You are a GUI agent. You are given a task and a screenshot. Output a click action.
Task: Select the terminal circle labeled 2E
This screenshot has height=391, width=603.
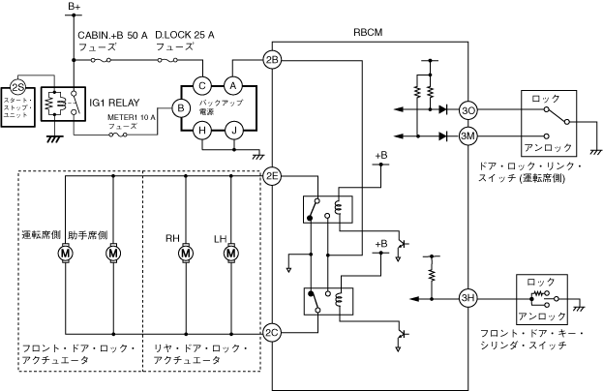click(272, 176)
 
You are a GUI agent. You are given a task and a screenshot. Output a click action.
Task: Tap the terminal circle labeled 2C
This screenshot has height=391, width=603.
click(272, 331)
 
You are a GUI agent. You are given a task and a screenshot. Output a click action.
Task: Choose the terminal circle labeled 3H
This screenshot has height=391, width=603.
click(468, 297)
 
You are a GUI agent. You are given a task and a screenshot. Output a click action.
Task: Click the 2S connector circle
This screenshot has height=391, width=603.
click(15, 85)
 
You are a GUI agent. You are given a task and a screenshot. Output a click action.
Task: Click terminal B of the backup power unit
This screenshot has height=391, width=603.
click(180, 108)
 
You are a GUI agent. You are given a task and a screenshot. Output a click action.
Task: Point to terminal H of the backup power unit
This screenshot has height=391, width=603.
click(201, 135)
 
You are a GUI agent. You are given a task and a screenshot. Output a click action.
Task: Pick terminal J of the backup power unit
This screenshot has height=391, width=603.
click(232, 135)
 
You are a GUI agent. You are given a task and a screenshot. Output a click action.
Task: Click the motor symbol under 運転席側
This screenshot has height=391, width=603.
click(66, 254)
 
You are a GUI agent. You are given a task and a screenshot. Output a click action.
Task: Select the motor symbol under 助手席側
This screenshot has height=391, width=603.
click(112, 254)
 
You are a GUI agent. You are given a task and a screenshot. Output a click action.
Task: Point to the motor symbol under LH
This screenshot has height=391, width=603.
click(231, 254)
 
